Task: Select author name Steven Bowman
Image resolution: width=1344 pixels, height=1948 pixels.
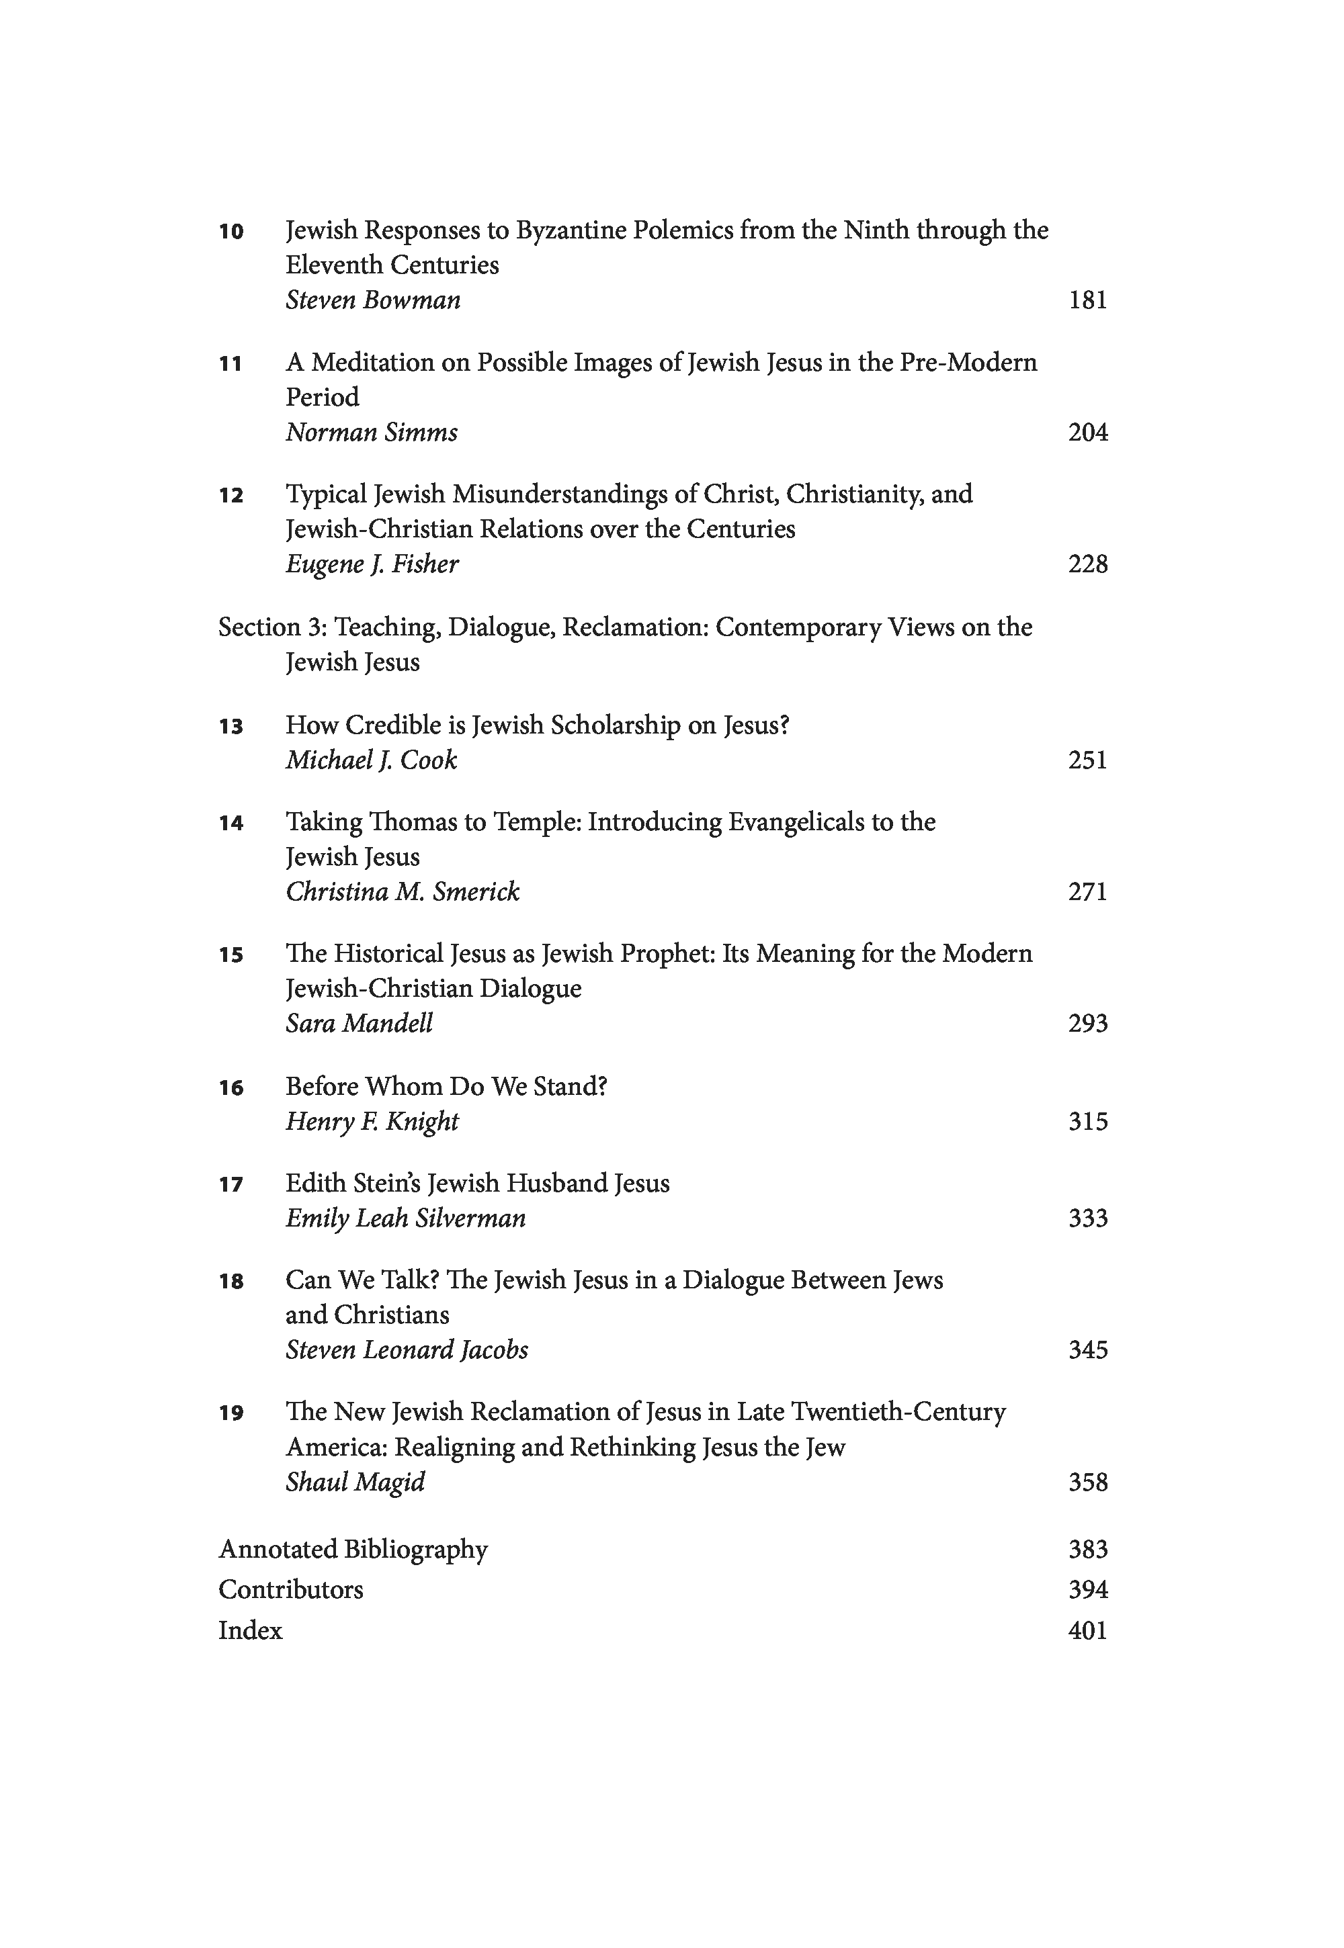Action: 372,300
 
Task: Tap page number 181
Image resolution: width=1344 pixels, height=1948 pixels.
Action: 1087,300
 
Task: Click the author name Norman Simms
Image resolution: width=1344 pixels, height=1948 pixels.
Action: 372,433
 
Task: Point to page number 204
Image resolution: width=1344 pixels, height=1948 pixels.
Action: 1087,433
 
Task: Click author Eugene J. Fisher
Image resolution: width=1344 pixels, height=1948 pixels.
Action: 372,564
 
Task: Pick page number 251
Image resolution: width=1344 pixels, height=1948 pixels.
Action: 1087,760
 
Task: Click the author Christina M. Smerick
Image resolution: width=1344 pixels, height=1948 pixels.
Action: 402,892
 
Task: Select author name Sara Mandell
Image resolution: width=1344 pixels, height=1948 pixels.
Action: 359,1024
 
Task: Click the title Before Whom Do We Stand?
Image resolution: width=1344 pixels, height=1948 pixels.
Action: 446,1087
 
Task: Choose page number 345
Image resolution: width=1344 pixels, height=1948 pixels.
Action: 1087,1350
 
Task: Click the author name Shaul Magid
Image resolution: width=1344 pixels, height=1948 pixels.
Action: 355,1482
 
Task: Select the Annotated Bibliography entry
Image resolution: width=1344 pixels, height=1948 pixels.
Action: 353,1550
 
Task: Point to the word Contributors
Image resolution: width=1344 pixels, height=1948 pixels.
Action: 290,1590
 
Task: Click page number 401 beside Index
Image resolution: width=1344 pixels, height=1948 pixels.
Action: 1087,1631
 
